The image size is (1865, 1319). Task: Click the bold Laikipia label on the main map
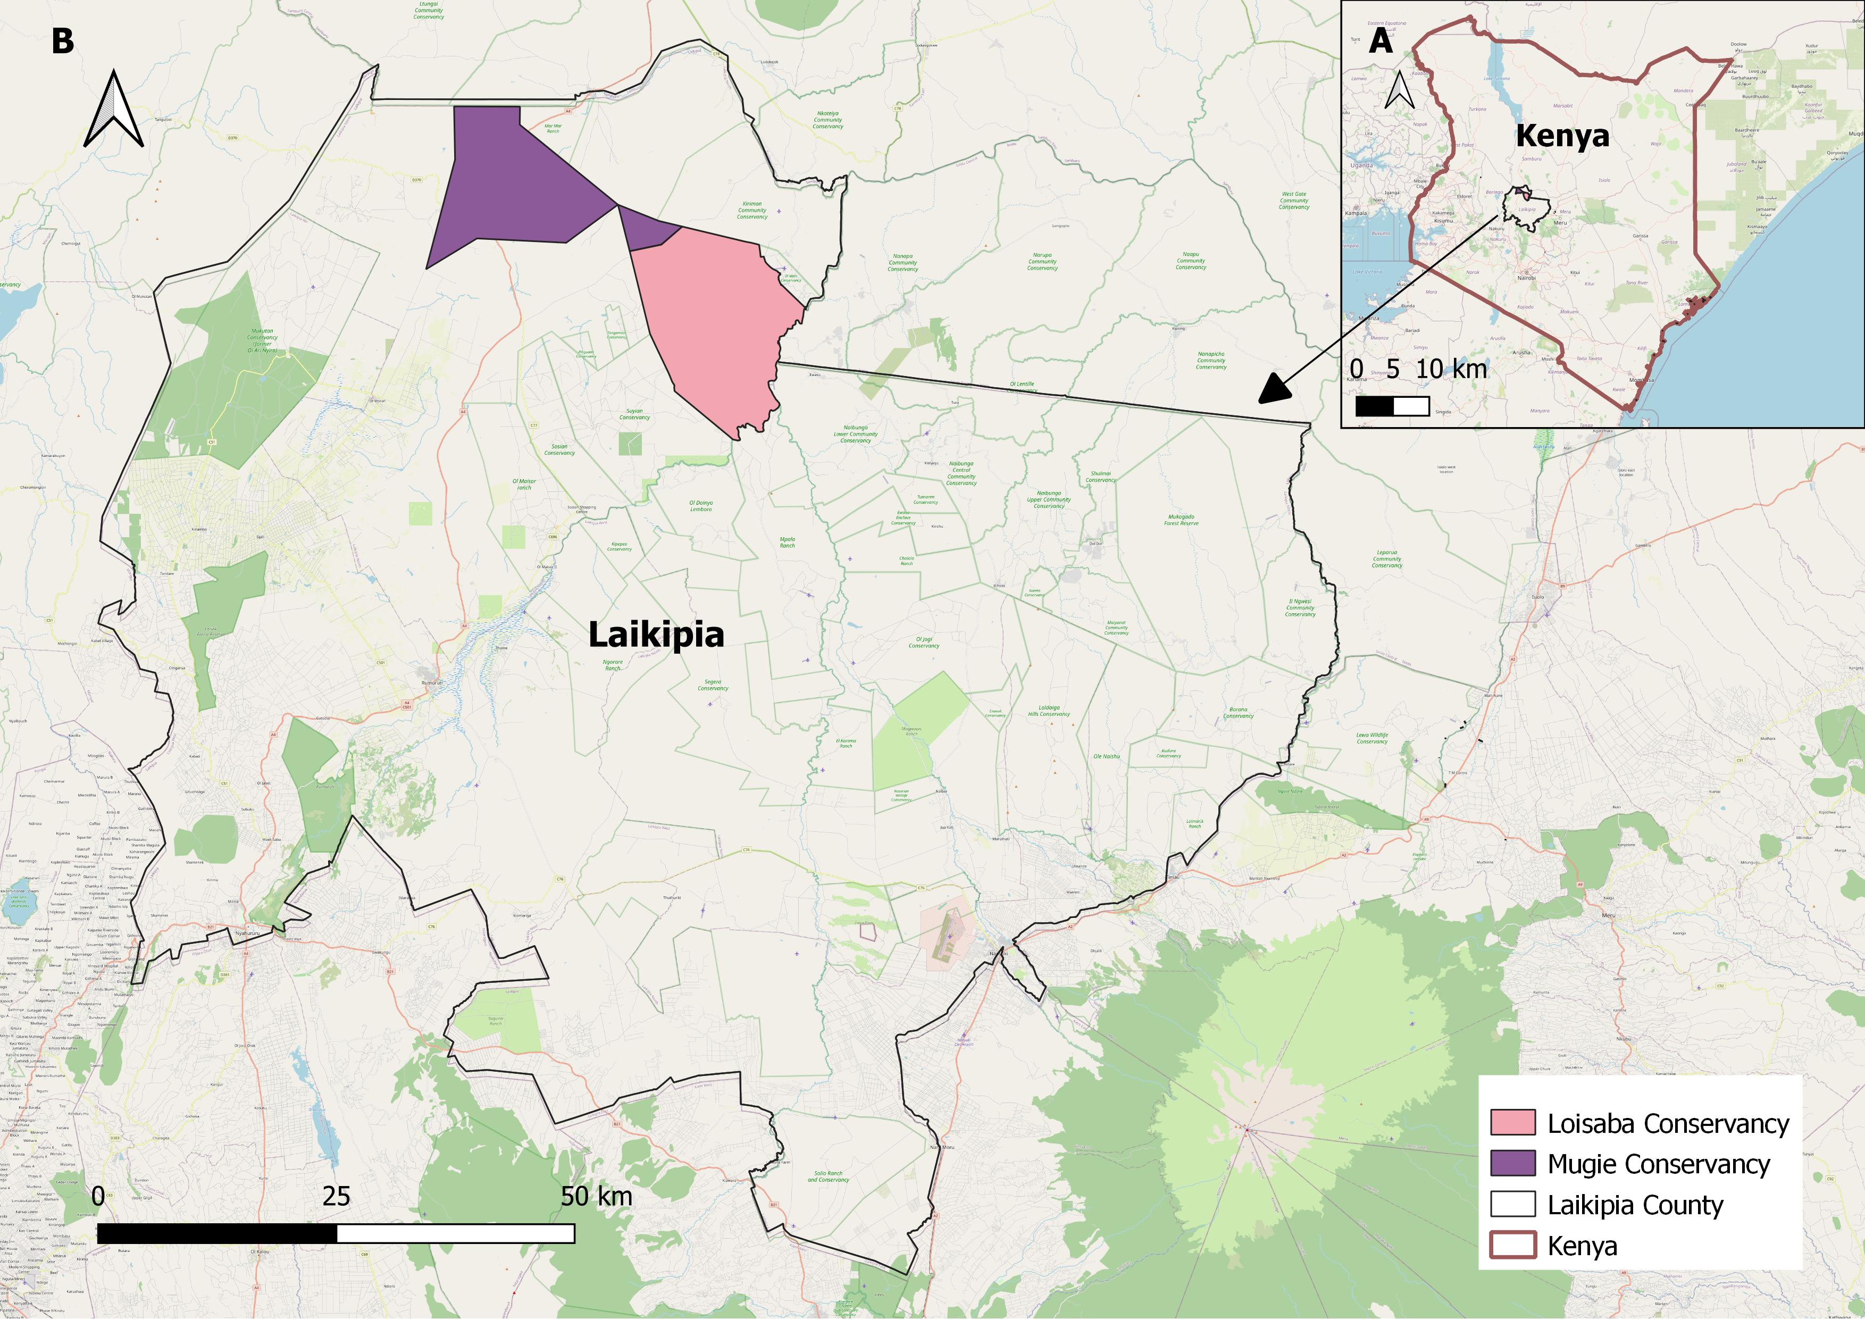(656, 635)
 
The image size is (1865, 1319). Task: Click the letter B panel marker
(63, 41)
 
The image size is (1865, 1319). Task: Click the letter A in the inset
(1380, 40)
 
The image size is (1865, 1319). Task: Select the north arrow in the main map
(114, 110)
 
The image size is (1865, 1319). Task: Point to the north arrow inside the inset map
(1400, 91)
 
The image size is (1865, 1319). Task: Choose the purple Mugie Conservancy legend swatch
(1512, 1163)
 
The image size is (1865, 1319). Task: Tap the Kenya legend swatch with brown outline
(1512, 1245)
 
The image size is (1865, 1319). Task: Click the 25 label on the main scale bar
(336, 1196)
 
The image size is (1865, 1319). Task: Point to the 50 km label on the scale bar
(596, 1196)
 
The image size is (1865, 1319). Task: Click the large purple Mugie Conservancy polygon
(512, 187)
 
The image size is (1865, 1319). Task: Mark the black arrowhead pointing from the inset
(1274, 390)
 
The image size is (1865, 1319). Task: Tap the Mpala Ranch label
(787, 542)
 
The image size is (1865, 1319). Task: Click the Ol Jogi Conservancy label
(924, 642)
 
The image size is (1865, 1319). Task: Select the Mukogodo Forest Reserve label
(1181, 520)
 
